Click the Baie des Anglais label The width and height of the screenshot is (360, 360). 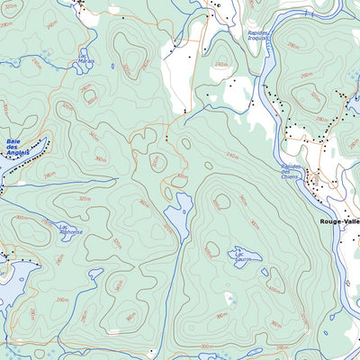17,147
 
